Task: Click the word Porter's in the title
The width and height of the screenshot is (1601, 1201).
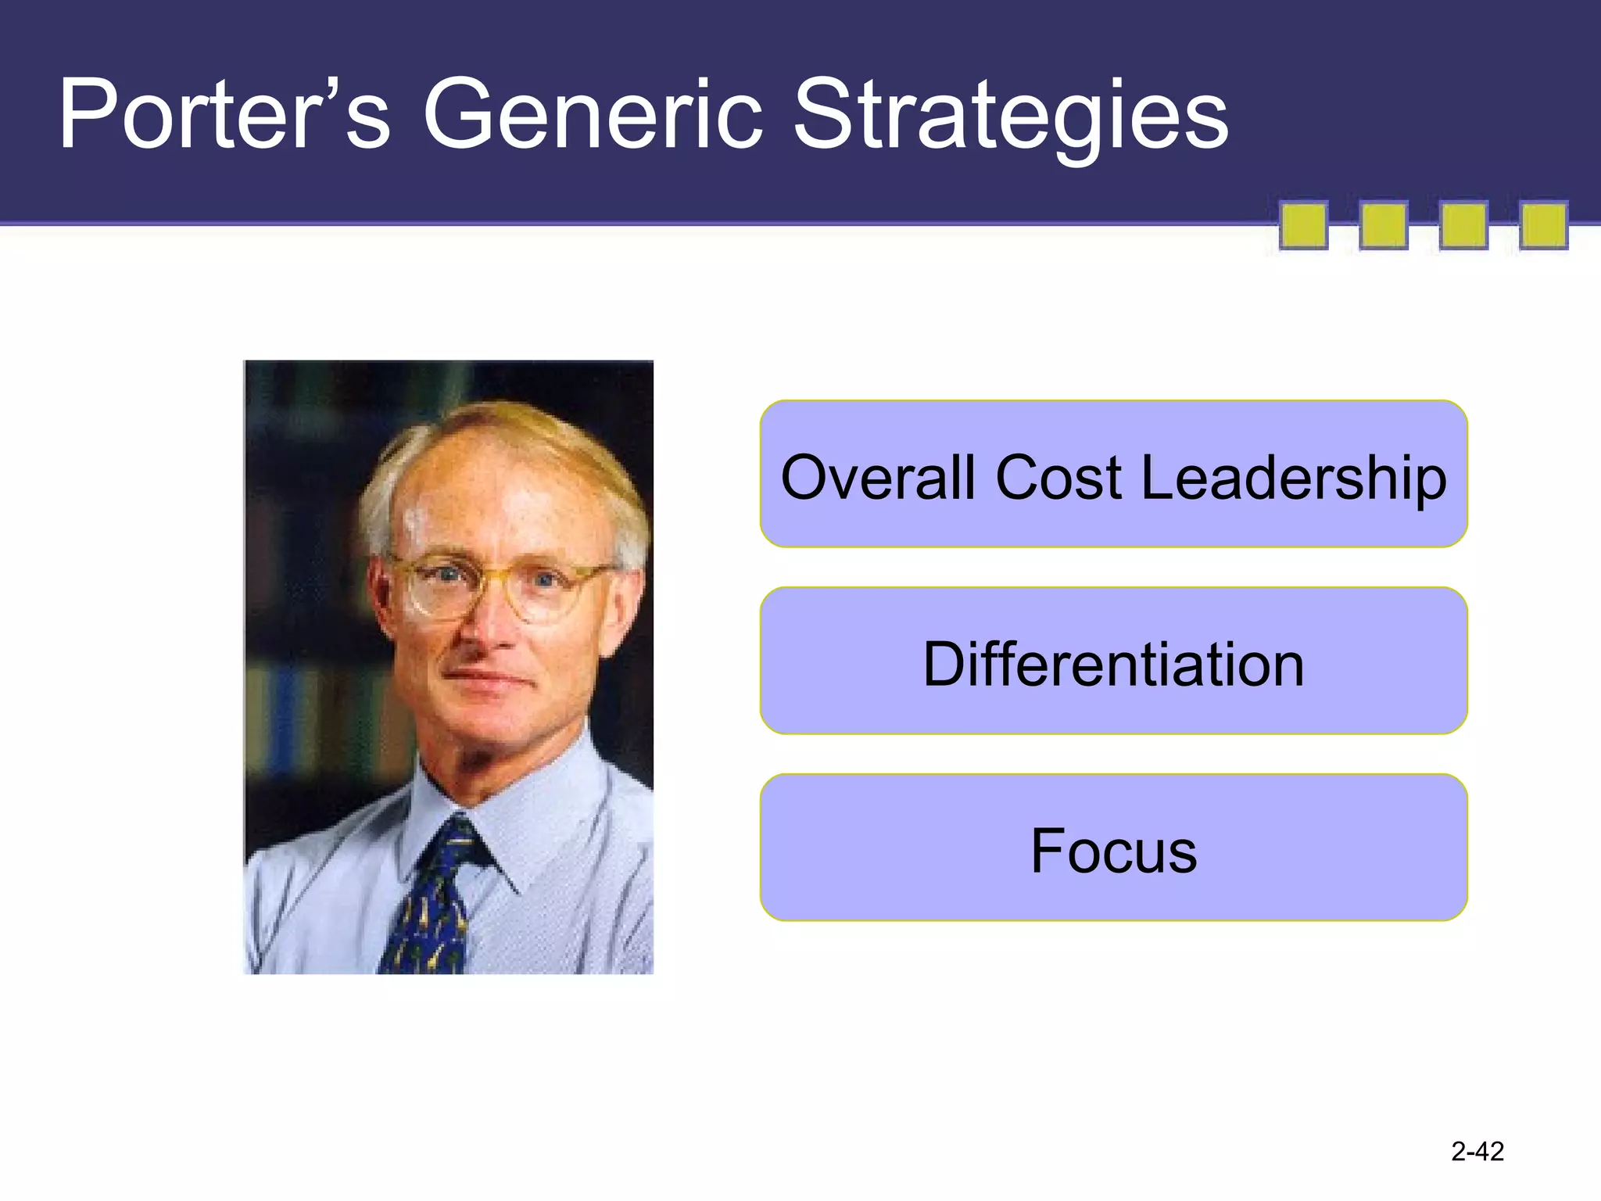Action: coord(223,116)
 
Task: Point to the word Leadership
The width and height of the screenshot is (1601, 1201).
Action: coord(1294,479)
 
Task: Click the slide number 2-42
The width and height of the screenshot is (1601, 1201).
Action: coord(1477,1151)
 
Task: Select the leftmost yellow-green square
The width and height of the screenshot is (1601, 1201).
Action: coord(1303,225)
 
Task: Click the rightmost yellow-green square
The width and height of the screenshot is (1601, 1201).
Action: coord(1543,225)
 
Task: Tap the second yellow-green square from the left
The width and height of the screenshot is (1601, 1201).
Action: coord(1383,225)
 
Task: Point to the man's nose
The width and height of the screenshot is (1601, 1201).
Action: coord(489,626)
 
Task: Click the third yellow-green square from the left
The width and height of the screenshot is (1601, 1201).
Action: coord(1463,225)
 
